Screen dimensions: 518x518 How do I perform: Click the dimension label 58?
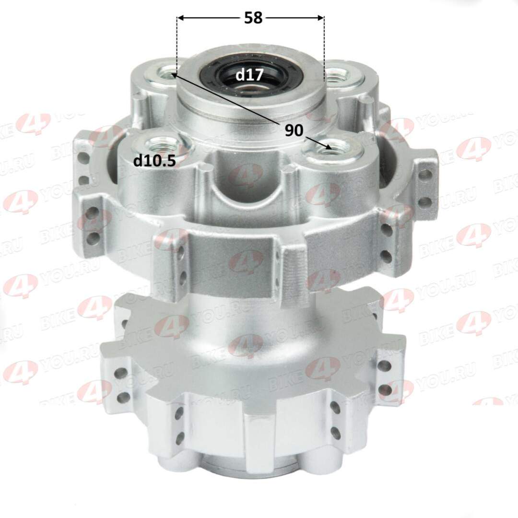pos(253,18)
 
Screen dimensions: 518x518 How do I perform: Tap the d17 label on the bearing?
pos(249,75)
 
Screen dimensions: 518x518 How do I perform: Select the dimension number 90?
pos(294,130)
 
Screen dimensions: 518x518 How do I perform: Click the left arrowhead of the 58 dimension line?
pos(181,18)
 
